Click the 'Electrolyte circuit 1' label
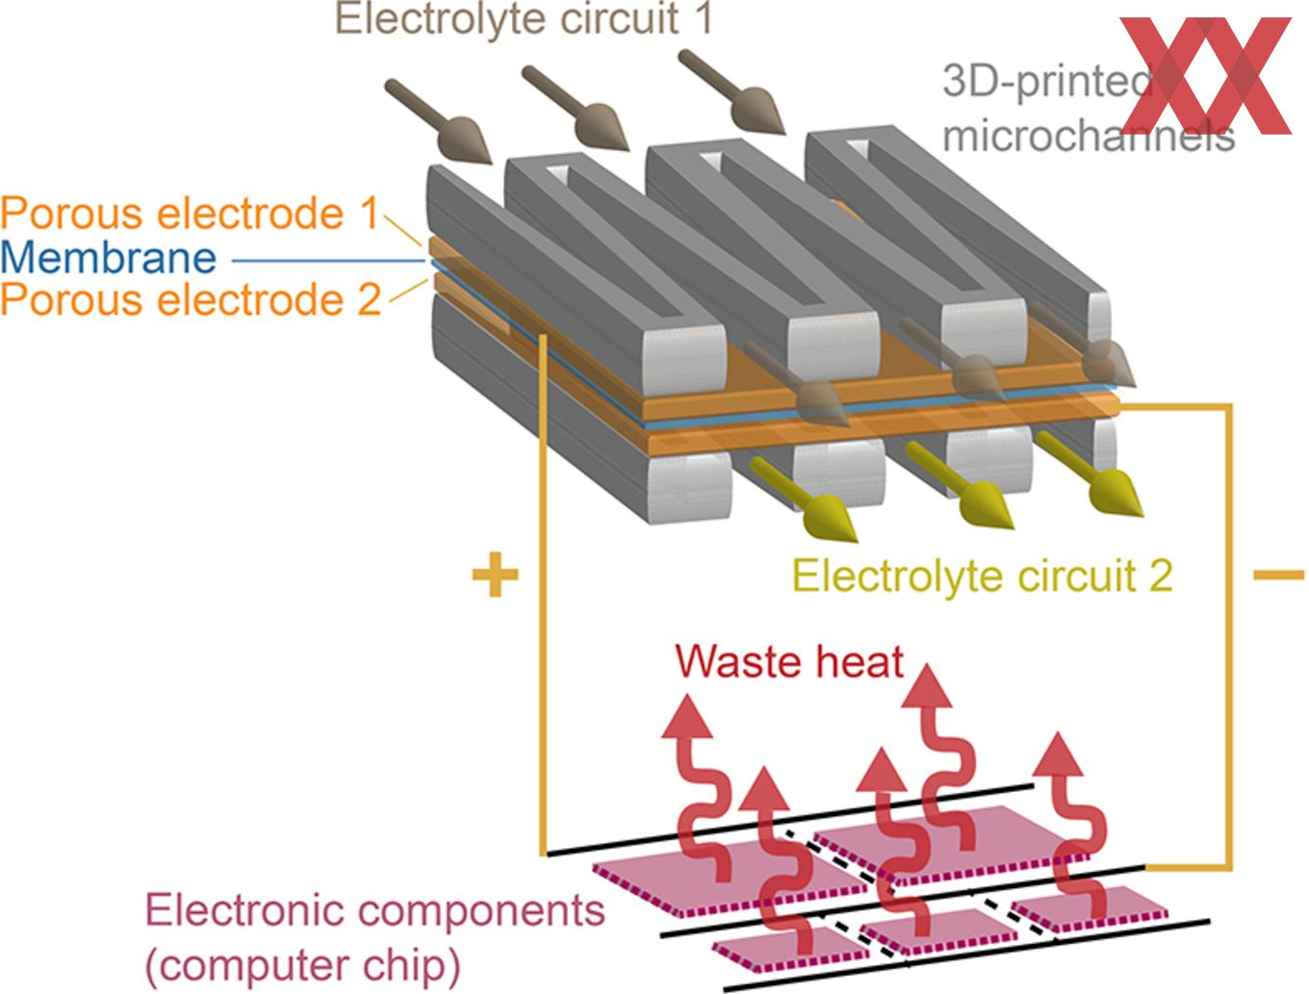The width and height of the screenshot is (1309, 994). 524,19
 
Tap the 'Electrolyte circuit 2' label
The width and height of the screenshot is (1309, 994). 982,576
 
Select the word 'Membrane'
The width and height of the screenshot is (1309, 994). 108,258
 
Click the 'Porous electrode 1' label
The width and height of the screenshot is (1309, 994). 190,213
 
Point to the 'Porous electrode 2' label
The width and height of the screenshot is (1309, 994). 191,298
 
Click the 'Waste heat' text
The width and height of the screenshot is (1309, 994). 789,661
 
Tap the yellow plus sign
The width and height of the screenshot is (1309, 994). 495,574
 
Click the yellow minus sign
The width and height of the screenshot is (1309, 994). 1278,574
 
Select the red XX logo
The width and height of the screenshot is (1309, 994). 1205,76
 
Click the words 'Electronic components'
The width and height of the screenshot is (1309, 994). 375,910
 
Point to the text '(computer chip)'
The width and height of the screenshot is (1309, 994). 303,967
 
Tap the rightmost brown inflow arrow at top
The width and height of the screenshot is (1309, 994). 731,92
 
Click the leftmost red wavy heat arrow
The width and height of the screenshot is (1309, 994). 699,788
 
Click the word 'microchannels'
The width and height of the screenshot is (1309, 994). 1089,137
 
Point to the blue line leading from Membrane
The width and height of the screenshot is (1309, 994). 328,261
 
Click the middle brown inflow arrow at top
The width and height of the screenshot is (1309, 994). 576,109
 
